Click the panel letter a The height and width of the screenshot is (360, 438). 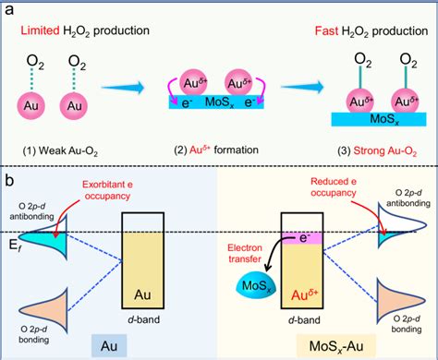10,10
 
